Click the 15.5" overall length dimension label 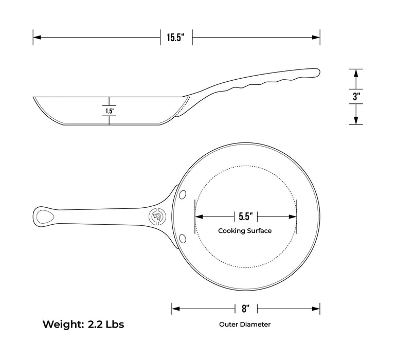point(176,37)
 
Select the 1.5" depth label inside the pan point(110,111)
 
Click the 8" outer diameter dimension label point(245,309)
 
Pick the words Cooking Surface point(245,231)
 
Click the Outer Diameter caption point(245,325)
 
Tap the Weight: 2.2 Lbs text point(83,325)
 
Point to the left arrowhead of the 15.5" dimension point(37,37)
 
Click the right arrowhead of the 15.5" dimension point(317,37)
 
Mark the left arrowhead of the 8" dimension point(175,309)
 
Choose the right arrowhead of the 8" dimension point(317,309)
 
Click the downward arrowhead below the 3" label point(356,121)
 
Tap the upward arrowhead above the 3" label point(356,73)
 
